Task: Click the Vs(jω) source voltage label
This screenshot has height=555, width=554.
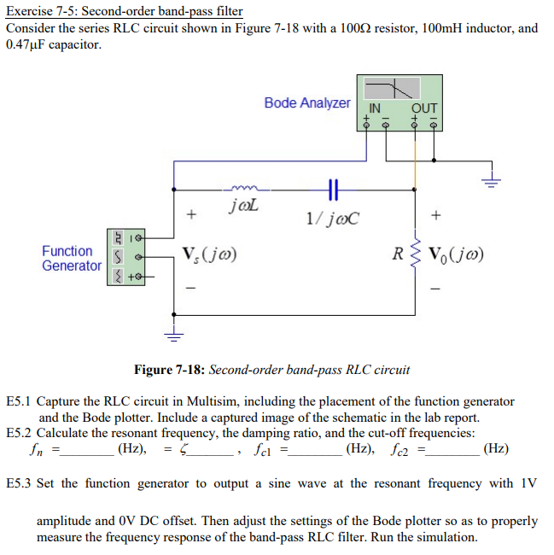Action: (209, 254)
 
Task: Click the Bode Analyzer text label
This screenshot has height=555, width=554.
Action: (307, 102)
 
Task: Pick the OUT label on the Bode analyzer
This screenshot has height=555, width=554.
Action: (424, 108)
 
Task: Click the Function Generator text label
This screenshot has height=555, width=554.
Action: (71, 258)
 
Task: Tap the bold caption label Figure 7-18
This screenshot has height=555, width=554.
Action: (169, 370)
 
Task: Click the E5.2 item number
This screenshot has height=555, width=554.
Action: (19, 432)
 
